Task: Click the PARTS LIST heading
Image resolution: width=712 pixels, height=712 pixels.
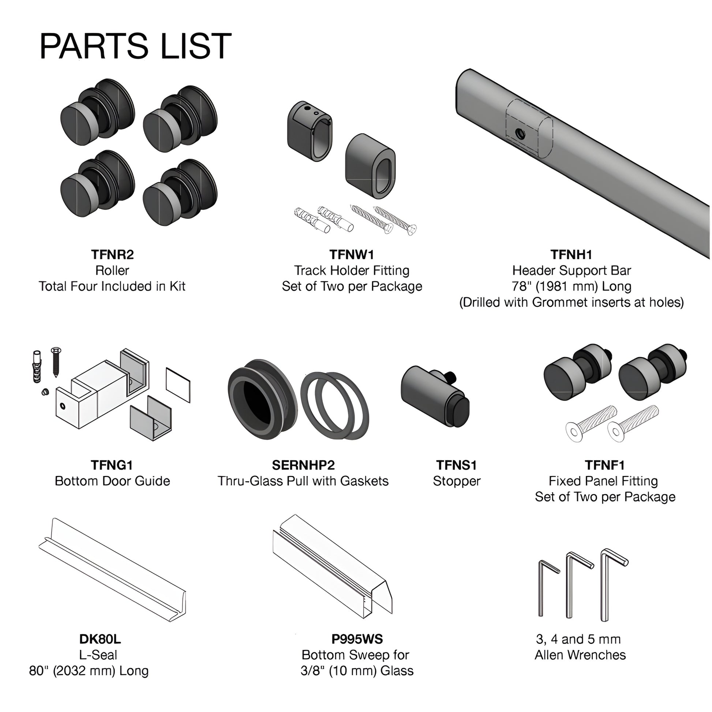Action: click(x=135, y=46)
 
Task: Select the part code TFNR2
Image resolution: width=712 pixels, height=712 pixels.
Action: click(x=112, y=254)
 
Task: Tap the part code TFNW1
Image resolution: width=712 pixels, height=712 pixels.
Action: click(x=352, y=254)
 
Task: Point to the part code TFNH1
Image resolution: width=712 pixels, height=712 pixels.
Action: click(x=571, y=254)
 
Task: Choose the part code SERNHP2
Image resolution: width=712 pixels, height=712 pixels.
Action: click(x=303, y=465)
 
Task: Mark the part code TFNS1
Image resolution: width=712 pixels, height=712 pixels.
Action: click(x=457, y=465)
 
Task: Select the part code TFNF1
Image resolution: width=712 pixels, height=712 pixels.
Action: click(x=605, y=465)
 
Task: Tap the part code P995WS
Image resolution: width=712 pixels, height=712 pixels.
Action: click(x=357, y=639)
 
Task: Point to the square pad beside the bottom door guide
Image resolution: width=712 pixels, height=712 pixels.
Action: click(x=179, y=385)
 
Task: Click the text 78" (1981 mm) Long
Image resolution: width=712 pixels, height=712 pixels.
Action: click(x=571, y=286)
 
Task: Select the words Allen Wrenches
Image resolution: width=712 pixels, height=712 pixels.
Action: click(x=580, y=655)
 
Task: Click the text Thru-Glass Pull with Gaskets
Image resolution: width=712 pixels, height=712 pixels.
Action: click(x=303, y=481)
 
